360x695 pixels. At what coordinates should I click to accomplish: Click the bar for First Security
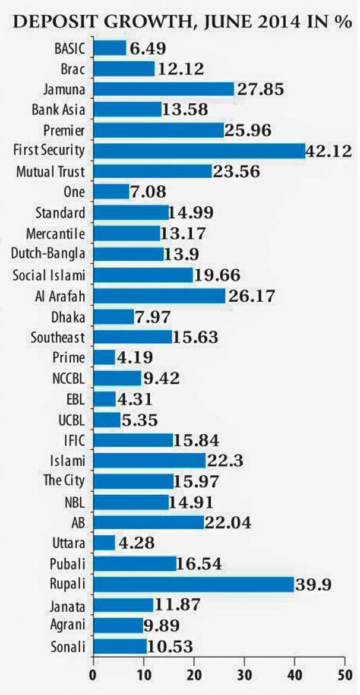[198, 151]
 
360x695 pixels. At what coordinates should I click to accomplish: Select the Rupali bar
[193, 584]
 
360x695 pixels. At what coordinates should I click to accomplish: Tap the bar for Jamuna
[163, 89]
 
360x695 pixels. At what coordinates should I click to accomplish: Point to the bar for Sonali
[119, 646]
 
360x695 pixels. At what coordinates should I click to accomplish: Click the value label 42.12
[330, 151]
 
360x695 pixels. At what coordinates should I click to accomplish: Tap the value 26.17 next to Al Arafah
[251, 296]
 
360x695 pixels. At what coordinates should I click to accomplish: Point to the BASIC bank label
[70, 48]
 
